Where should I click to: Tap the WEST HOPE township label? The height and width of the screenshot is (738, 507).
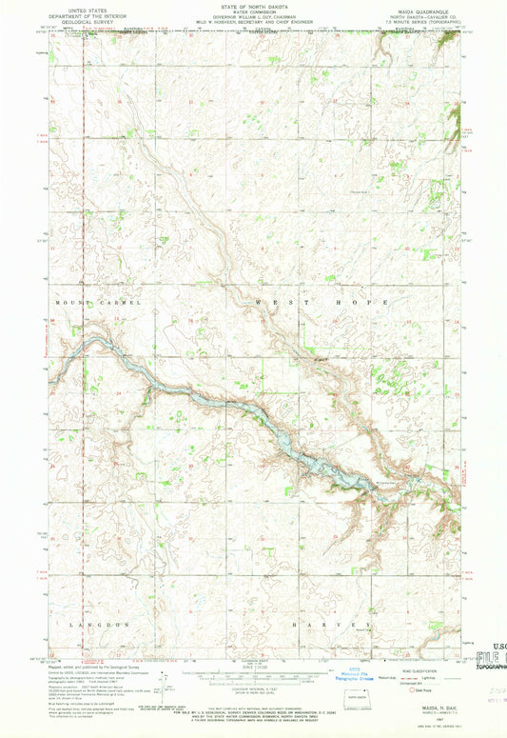(322, 302)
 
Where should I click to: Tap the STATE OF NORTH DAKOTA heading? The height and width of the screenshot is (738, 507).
(253, 5)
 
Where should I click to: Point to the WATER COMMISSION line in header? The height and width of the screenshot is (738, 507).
(253, 10)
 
